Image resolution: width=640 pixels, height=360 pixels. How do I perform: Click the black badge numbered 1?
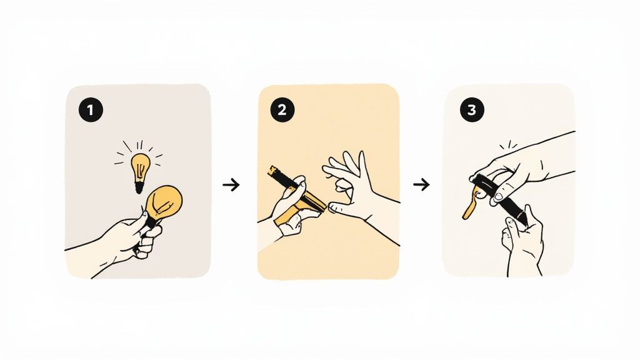click(x=91, y=110)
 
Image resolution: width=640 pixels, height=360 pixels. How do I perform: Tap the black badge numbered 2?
click(x=282, y=110)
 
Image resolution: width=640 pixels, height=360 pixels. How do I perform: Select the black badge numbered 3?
click(x=472, y=110)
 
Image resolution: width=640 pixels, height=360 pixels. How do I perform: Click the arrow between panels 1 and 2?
click(x=231, y=185)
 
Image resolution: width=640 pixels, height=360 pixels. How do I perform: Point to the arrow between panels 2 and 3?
click(x=422, y=184)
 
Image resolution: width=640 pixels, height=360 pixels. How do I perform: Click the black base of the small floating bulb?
click(x=139, y=188)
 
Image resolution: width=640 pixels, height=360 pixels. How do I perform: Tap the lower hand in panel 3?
click(x=522, y=241)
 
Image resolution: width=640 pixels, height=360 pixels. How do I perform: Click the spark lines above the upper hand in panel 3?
click(x=509, y=145)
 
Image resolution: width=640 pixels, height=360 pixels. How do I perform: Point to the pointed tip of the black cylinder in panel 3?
click(x=524, y=224)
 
